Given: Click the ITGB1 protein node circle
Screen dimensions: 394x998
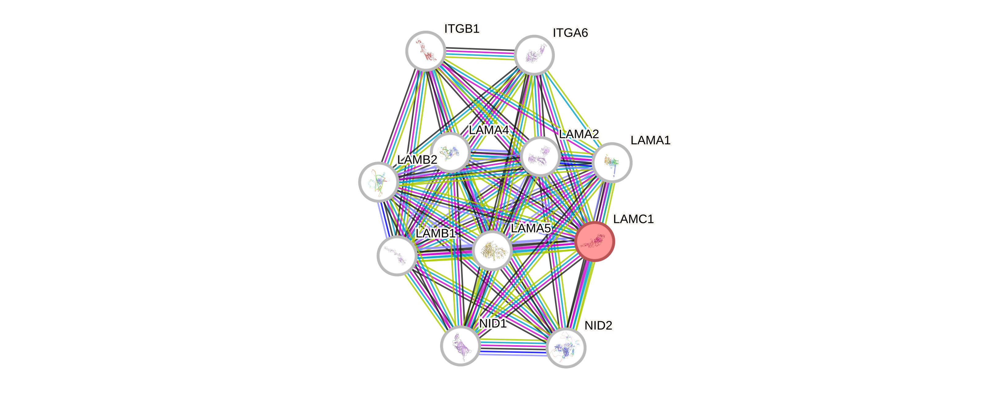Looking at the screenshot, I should [x=425, y=51].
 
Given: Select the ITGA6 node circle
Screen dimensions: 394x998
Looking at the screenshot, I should [x=534, y=55].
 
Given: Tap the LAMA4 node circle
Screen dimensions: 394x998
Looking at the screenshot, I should [x=450, y=152].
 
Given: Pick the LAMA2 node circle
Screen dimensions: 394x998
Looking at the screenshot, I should [x=540, y=156].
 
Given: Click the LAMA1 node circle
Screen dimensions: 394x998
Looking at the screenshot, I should [x=612, y=162].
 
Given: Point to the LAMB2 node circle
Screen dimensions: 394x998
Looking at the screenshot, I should [x=379, y=182].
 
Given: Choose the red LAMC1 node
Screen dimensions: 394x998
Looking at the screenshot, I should [x=595, y=241].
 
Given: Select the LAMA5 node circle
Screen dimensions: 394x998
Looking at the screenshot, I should [x=492, y=250].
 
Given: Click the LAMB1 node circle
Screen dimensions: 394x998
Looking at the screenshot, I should [x=397, y=255].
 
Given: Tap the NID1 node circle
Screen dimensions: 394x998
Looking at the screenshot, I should [x=460, y=345].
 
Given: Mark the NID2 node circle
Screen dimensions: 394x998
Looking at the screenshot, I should [x=566, y=348].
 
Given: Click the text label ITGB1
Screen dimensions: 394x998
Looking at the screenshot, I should [x=462, y=29].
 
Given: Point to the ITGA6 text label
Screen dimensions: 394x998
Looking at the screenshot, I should [x=570, y=33].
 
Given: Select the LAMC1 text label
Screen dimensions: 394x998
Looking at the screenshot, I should [x=633, y=219].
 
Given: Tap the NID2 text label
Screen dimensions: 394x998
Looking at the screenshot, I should [x=598, y=326].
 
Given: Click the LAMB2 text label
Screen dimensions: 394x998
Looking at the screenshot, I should [x=417, y=159].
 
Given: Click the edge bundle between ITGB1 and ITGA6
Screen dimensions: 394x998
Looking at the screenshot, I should [x=480, y=53].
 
